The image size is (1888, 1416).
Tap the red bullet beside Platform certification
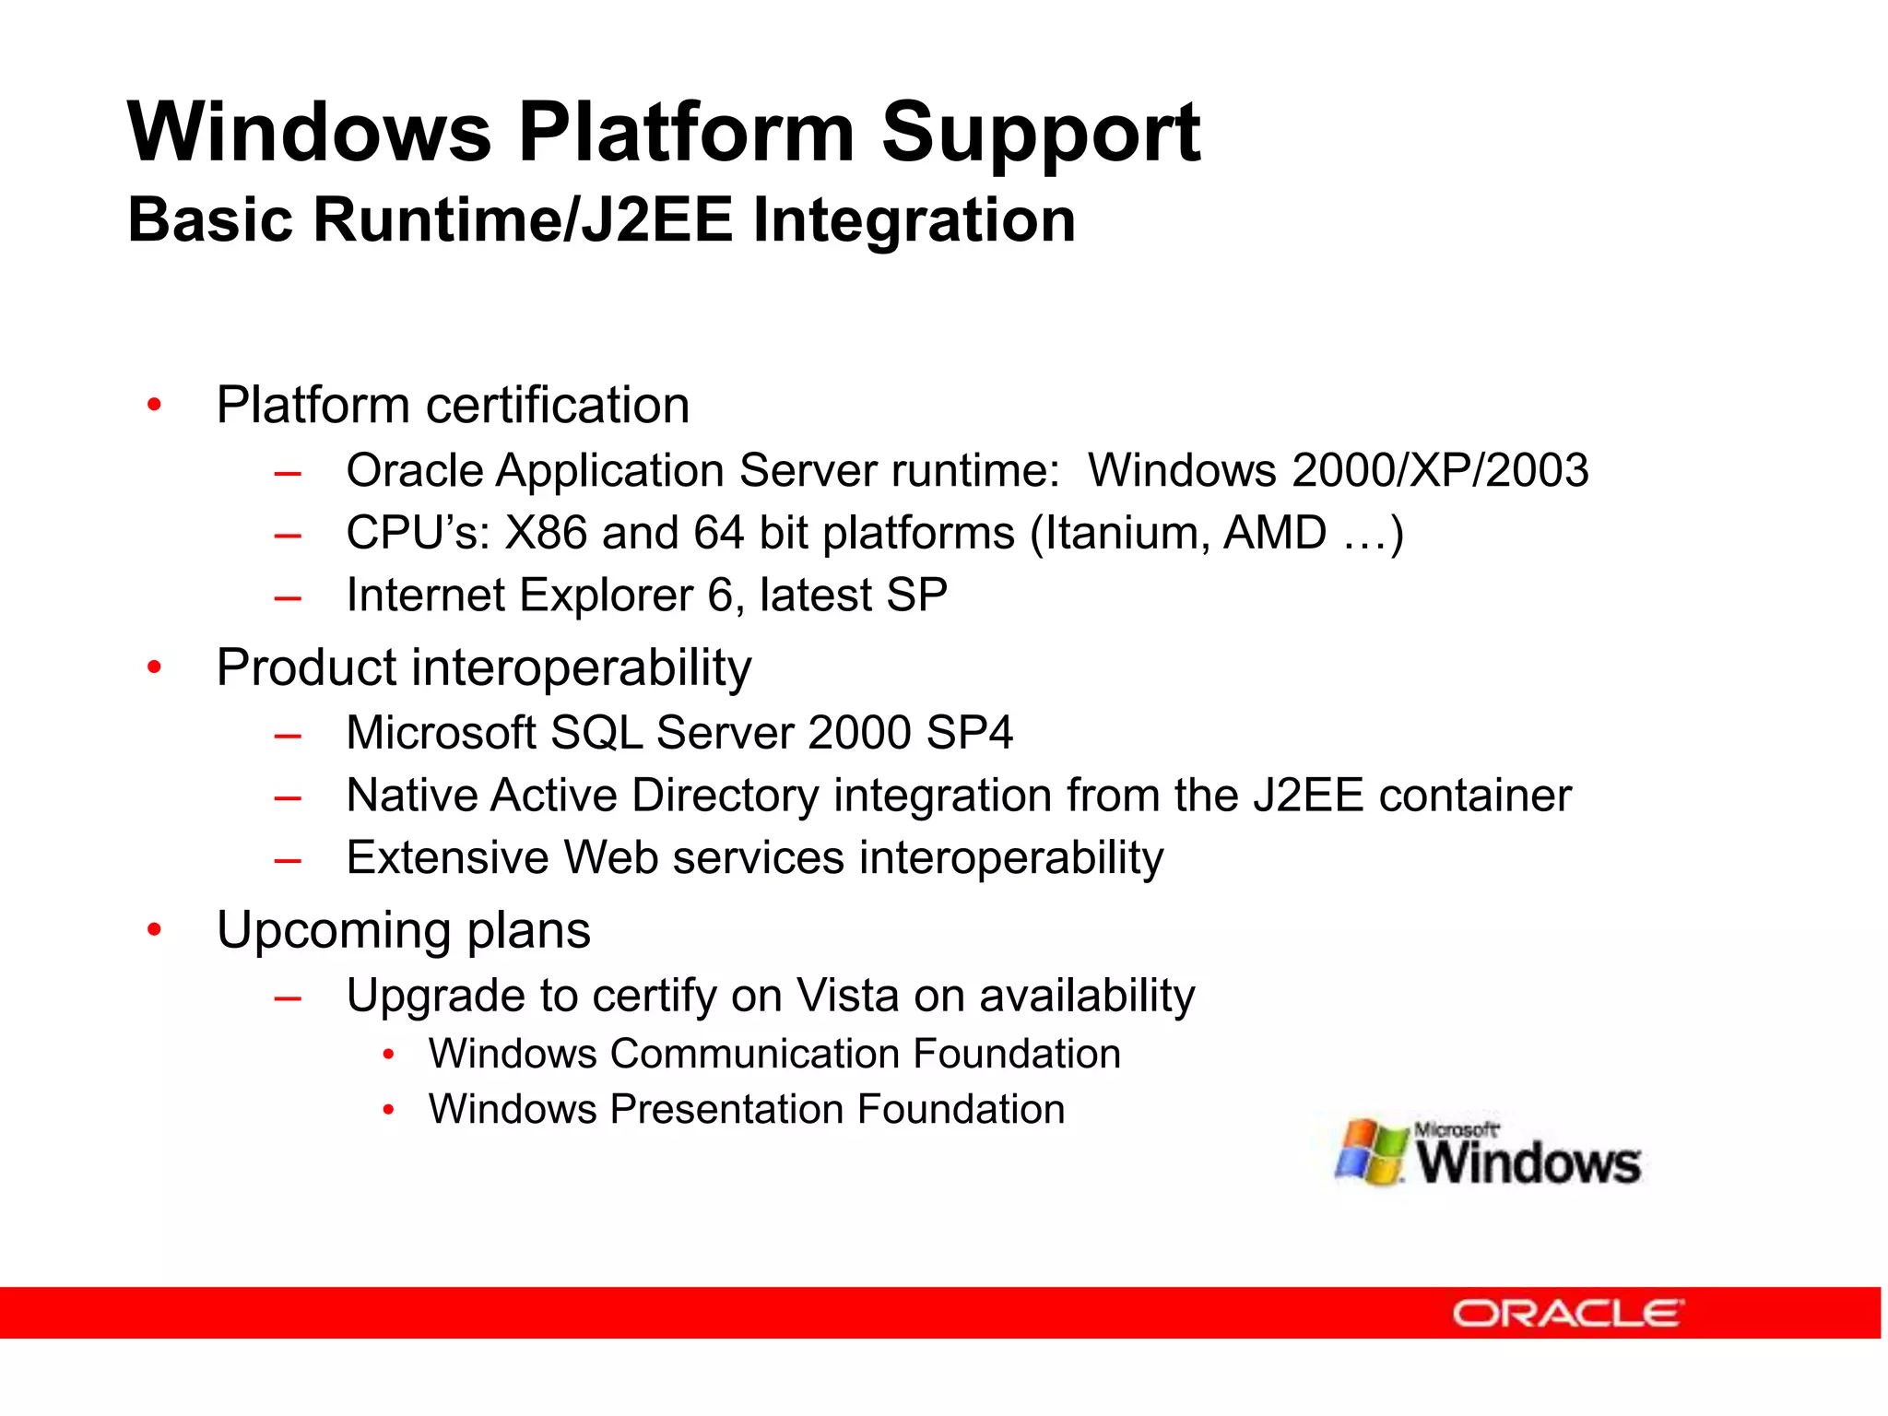(154, 405)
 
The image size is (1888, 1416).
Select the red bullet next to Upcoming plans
(154, 929)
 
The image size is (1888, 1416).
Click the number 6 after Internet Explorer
(720, 595)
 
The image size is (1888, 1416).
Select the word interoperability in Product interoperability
(581, 667)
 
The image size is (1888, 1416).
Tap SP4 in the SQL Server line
(969, 733)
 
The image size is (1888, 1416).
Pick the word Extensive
(447, 857)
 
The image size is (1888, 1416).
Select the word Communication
(755, 1054)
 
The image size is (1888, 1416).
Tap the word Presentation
(726, 1109)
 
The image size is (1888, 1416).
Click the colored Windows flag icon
(1371, 1152)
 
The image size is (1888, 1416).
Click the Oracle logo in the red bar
(1567, 1313)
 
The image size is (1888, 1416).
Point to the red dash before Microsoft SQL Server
(288, 735)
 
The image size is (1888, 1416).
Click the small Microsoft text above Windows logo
(1456, 1129)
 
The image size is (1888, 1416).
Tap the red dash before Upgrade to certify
(288, 997)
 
